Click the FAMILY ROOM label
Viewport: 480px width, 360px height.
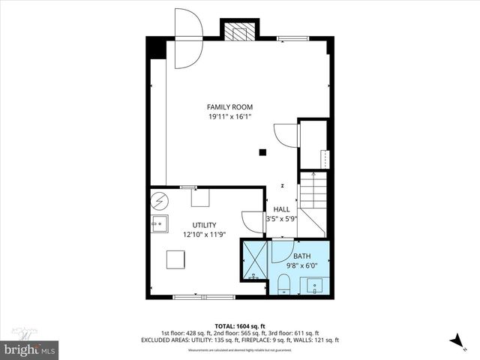229,107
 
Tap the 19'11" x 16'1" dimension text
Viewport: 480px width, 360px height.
229,117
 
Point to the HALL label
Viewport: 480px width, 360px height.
281,209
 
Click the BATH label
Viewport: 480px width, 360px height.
301,256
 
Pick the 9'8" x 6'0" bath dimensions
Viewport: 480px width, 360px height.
302,265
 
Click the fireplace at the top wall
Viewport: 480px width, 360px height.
238,31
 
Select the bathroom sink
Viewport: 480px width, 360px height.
313,284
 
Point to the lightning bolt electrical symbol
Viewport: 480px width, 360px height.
159,200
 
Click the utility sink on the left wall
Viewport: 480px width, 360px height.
158,223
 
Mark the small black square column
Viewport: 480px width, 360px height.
262,152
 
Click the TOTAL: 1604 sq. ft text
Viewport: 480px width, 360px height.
240,326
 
